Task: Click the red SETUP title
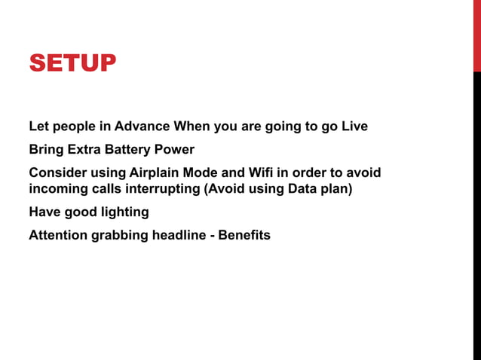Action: [72, 63]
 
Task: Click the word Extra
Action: [87, 149]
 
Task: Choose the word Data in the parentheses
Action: [302, 188]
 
